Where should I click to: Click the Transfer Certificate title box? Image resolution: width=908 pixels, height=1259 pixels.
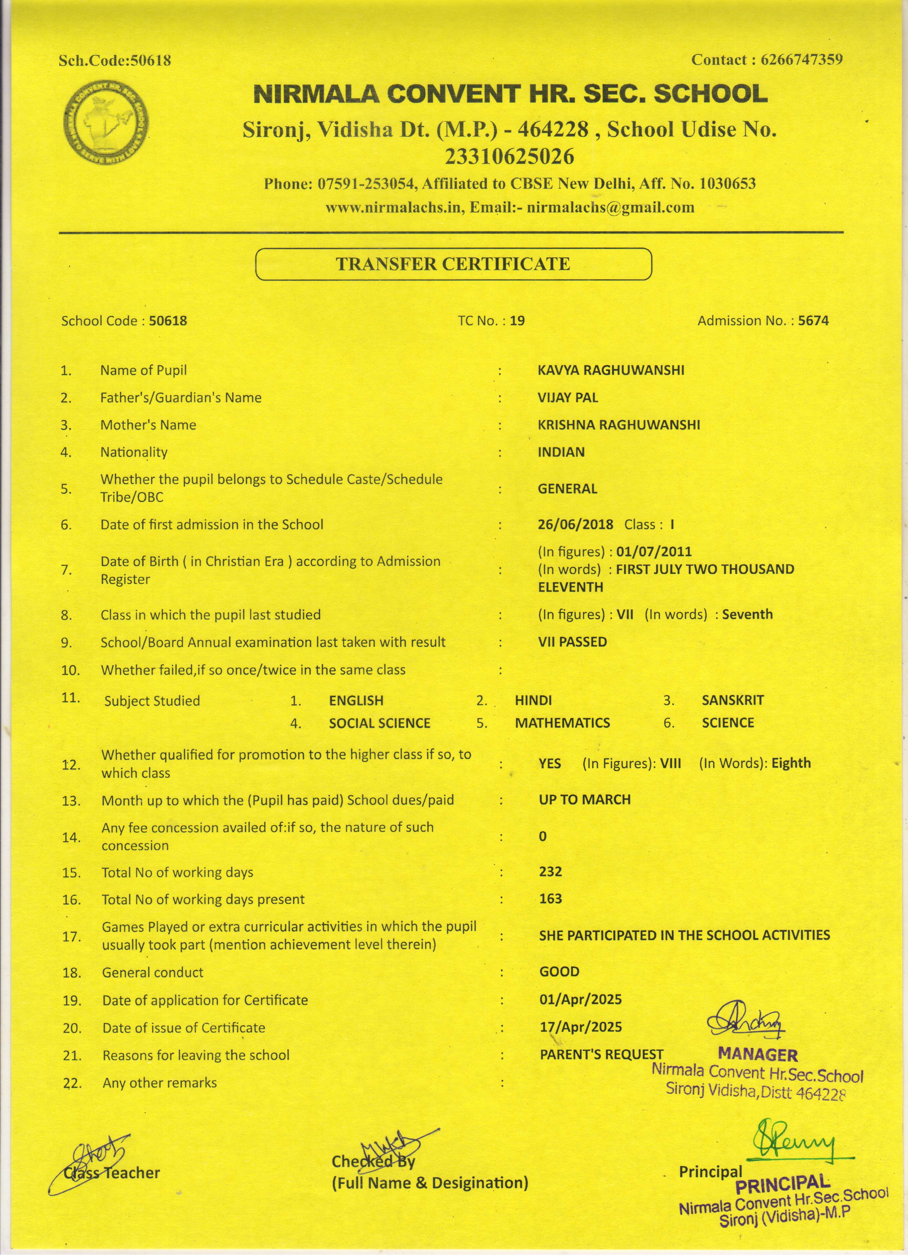tap(453, 264)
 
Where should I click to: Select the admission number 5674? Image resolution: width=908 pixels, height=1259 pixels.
tap(813, 321)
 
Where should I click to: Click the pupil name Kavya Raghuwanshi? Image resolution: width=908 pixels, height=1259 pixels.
tap(611, 370)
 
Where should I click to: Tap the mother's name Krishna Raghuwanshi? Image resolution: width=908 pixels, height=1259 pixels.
tap(619, 425)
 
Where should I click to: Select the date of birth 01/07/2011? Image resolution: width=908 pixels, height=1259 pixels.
tap(654, 552)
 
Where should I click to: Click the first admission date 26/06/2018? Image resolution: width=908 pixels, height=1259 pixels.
tap(575, 524)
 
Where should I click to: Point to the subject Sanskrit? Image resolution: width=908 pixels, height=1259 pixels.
tap(732, 700)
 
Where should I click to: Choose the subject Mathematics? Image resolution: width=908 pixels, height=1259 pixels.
tap(562, 723)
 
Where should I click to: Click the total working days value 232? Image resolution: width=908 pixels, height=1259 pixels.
tap(550, 872)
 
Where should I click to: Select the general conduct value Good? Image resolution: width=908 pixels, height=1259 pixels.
tap(559, 971)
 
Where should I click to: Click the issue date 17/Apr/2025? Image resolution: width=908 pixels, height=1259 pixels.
tap(580, 1027)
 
